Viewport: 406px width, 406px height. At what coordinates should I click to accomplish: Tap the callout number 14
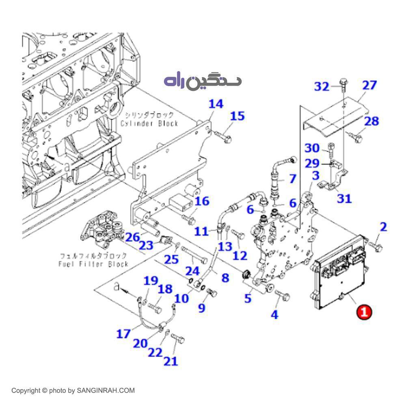click(x=216, y=104)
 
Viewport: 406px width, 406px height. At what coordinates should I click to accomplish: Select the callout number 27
click(x=369, y=85)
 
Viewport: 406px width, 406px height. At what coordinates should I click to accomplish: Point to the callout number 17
click(x=123, y=334)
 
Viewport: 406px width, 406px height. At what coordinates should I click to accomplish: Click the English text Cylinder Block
click(x=150, y=123)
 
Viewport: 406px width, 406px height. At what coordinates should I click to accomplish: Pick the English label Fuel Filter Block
click(x=93, y=264)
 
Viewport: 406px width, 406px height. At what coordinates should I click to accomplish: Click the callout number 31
click(x=344, y=199)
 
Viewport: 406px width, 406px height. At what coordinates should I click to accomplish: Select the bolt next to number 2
click(x=376, y=246)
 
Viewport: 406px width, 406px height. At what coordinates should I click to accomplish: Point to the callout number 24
click(x=193, y=270)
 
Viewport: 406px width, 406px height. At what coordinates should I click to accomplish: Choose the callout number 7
click(x=292, y=178)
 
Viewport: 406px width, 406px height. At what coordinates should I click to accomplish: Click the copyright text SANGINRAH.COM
click(x=73, y=391)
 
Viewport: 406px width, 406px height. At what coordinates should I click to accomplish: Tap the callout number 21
click(x=171, y=361)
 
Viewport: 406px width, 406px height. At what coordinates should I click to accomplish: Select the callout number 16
click(x=202, y=201)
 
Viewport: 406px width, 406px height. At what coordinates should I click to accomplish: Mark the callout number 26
click(x=132, y=237)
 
